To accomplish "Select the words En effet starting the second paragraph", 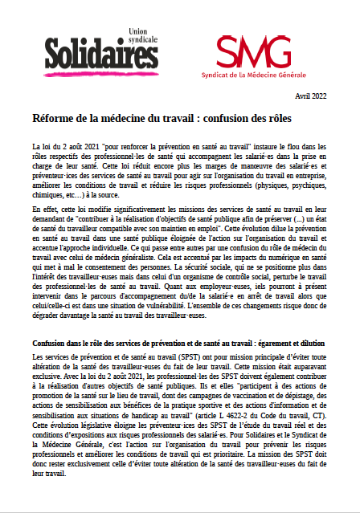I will click(x=44, y=210).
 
